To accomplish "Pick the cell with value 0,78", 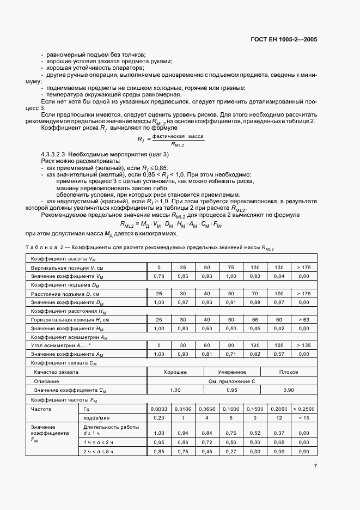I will pos(159,277).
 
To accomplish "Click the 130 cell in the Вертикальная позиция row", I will pos(279,268).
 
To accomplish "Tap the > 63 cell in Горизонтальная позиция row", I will pos(303,319).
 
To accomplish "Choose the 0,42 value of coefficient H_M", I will pos(279,328).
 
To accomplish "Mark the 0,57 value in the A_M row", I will pos(279,354).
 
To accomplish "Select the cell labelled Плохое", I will pos(288,372).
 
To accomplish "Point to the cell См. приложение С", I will pos(231,381).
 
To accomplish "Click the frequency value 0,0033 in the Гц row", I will pos(159,408).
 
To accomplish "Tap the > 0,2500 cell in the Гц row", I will pos(303,408).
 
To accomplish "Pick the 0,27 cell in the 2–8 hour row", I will pos(231,452).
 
